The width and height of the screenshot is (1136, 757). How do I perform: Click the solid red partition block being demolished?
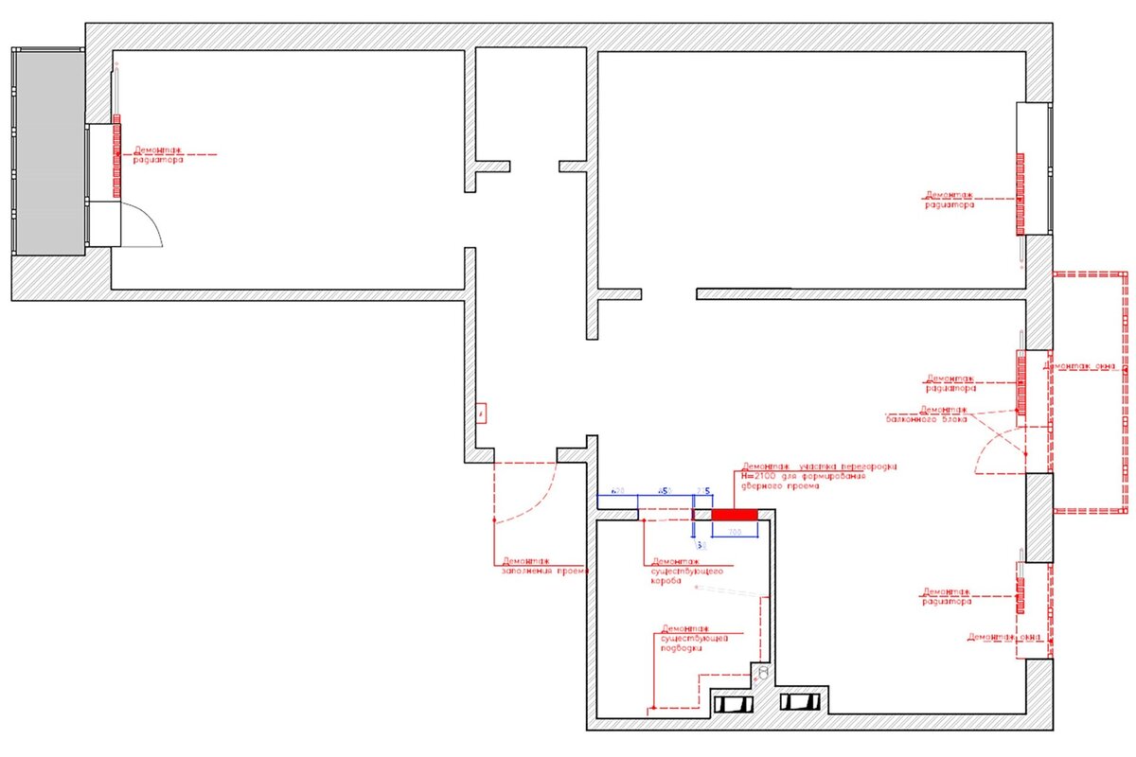(x=735, y=514)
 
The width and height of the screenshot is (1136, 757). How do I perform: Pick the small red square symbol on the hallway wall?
(x=481, y=414)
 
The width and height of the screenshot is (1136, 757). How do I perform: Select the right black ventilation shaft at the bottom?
(x=799, y=703)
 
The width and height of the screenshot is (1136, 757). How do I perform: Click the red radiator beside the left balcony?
(x=117, y=155)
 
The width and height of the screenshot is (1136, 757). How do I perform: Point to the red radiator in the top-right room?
(x=1021, y=193)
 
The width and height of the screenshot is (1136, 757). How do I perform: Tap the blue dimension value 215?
(x=703, y=490)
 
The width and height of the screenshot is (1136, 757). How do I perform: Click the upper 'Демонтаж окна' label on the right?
(x=1079, y=365)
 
